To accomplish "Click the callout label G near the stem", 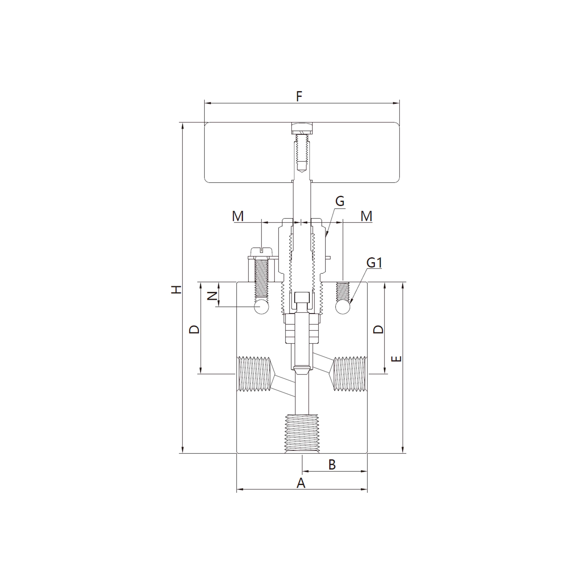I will [x=340, y=201].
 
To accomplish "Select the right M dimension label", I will [x=366, y=216].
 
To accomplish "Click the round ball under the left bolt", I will [x=261, y=307].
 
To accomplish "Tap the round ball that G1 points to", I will [x=343, y=307].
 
